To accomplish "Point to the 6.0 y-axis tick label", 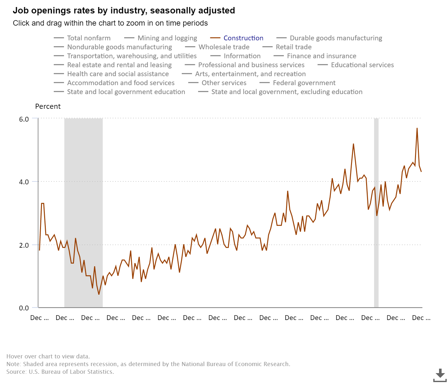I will pos(24,119).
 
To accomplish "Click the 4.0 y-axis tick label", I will pos(24,182).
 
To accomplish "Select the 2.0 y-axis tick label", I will pos(24,245).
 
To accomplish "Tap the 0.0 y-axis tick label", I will pos(24,308).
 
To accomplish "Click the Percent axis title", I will pos(48,107).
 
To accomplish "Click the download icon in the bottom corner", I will pos(440,374).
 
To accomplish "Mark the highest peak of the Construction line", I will pos(417,128).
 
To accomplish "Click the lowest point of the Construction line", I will pos(99,294).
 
